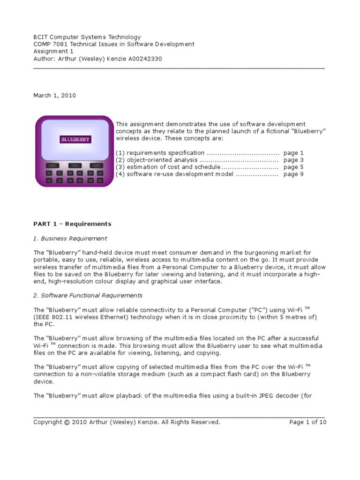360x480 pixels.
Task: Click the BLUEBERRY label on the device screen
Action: click(x=75, y=139)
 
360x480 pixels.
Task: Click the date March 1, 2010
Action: click(x=54, y=96)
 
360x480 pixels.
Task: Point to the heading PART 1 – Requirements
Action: click(x=72, y=224)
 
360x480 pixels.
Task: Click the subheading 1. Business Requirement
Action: click(x=70, y=238)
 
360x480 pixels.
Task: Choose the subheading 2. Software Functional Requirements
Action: click(x=88, y=295)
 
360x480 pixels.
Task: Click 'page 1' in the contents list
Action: click(x=293, y=153)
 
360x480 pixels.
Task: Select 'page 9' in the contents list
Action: click(x=293, y=174)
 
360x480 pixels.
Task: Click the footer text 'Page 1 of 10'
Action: click(x=308, y=422)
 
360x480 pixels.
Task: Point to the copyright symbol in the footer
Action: click(x=67, y=422)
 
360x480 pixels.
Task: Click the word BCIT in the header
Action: click(x=41, y=37)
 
